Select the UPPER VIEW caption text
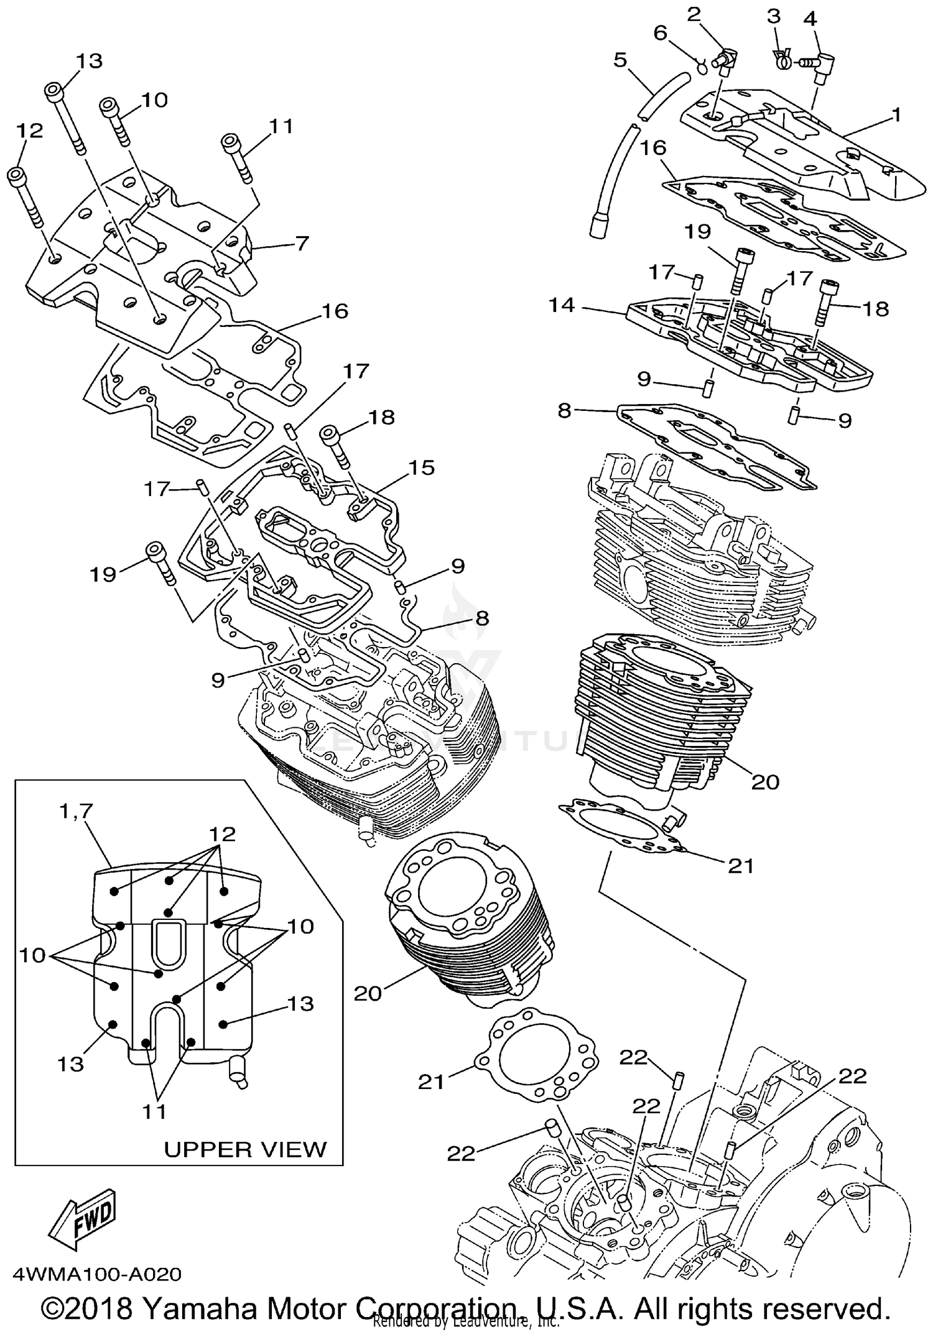coord(245,1149)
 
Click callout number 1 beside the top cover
coord(896,115)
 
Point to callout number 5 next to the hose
coord(620,60)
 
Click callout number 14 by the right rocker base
coord(562,306)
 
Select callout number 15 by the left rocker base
coord(421,467)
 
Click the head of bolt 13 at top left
coord(54,91)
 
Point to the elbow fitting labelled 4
coord(824,64)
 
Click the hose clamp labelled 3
coord(781,59)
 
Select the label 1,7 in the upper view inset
coord(77,811)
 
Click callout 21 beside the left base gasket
coord(431,1082)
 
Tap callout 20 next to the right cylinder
coord(765,781)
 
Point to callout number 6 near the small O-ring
coord(661,33)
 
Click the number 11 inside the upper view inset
coord(154,1111)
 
